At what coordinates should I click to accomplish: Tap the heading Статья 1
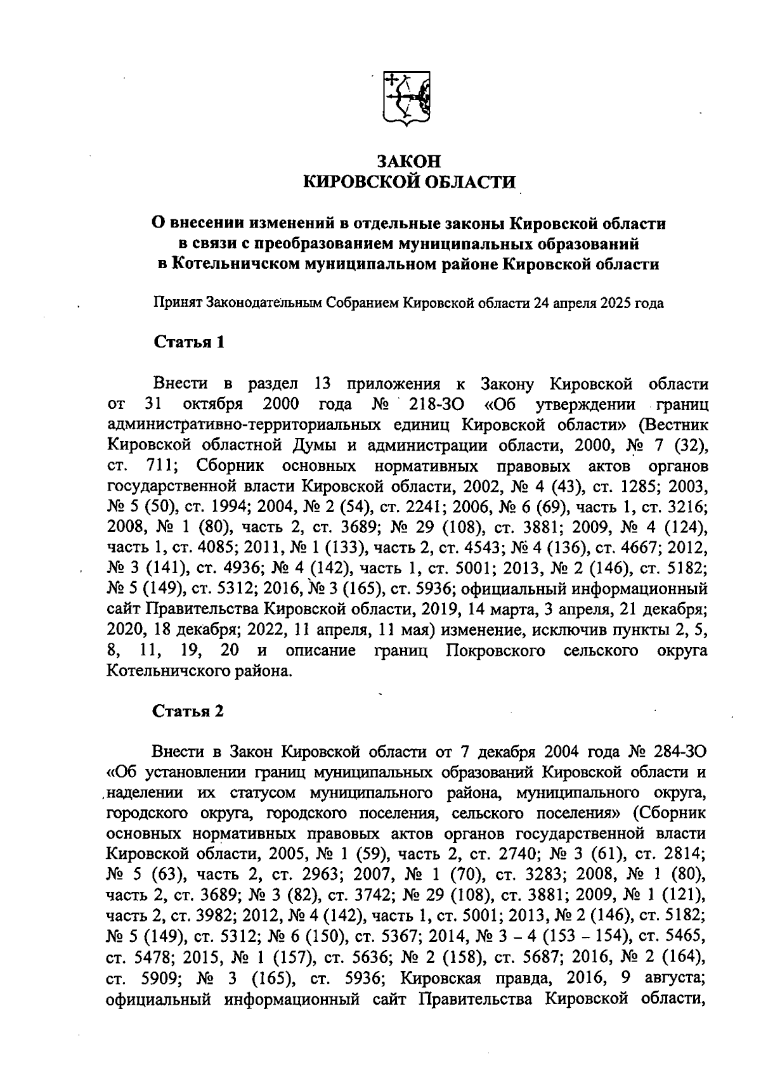(189, 343)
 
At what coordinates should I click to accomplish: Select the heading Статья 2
(189, 711)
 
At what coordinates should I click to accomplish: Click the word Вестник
(679, 424)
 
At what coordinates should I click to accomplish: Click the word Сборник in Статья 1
(230, 466)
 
